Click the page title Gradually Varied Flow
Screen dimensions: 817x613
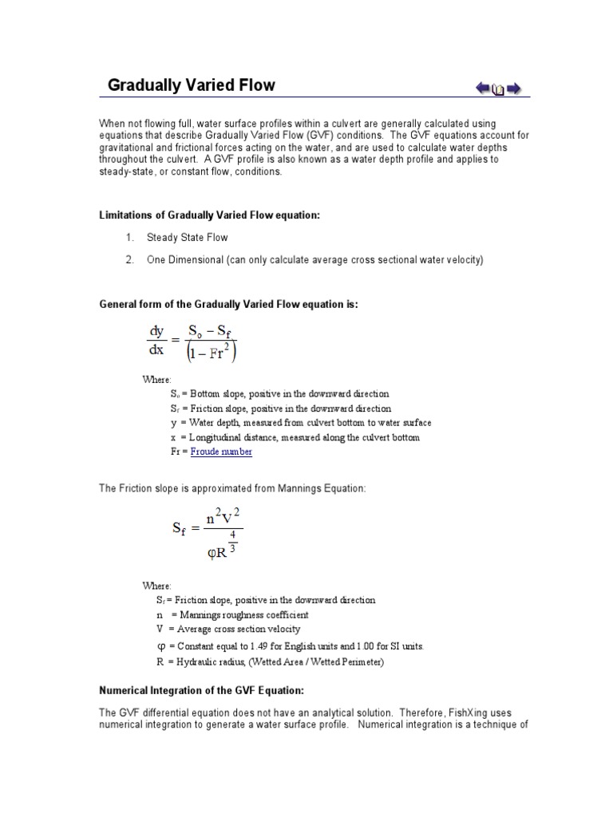tap(192, 85)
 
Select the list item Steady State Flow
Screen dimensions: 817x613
tap(187, 238)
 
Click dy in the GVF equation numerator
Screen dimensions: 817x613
tap(156, 330)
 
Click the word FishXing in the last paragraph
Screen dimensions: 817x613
tap(477, 712)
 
